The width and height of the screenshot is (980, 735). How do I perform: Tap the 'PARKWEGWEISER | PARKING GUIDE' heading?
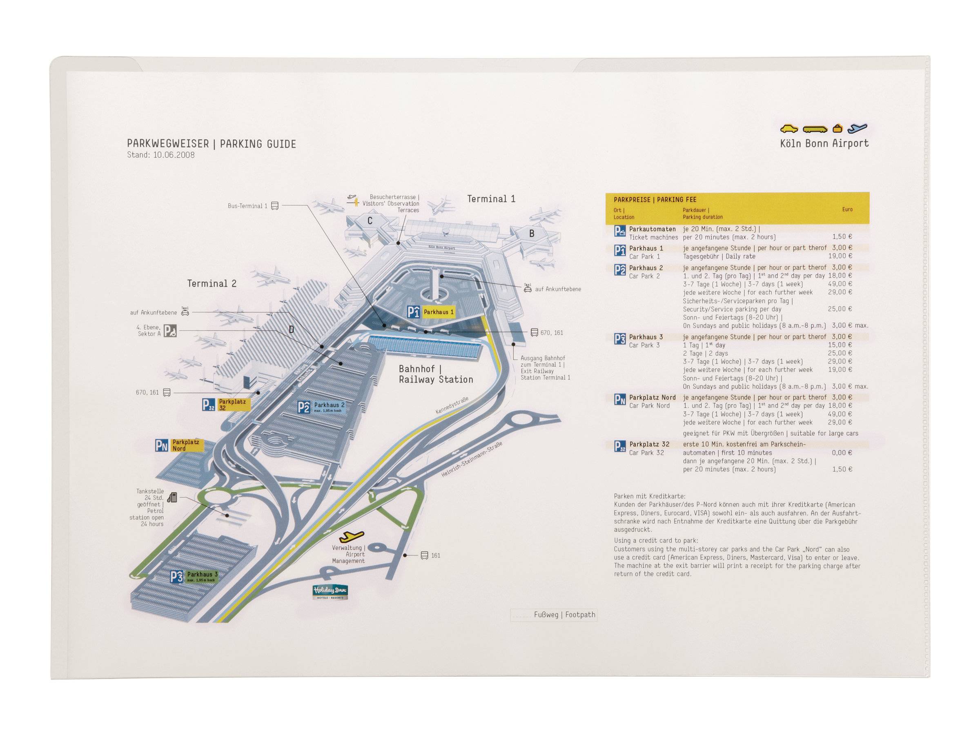point(212,144)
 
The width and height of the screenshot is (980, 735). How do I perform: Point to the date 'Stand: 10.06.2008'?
point(160,155)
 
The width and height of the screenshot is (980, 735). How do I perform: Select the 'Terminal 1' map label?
point(491,199)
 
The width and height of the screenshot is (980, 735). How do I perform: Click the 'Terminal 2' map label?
point(212,283)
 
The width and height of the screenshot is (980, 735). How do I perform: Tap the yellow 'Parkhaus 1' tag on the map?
point(438,312)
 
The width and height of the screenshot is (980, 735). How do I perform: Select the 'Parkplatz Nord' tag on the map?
point(186,445)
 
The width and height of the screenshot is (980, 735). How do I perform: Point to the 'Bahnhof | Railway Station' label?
point(436,374)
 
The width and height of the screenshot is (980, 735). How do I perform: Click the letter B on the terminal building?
point(532,234)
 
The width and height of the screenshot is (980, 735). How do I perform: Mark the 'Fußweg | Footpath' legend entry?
point(564,615)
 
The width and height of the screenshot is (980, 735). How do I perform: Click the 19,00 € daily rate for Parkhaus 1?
point(840,256)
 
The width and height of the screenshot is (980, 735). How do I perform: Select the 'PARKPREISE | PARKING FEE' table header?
point(655,200)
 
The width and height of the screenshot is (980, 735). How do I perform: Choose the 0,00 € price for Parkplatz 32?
point(842,453)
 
